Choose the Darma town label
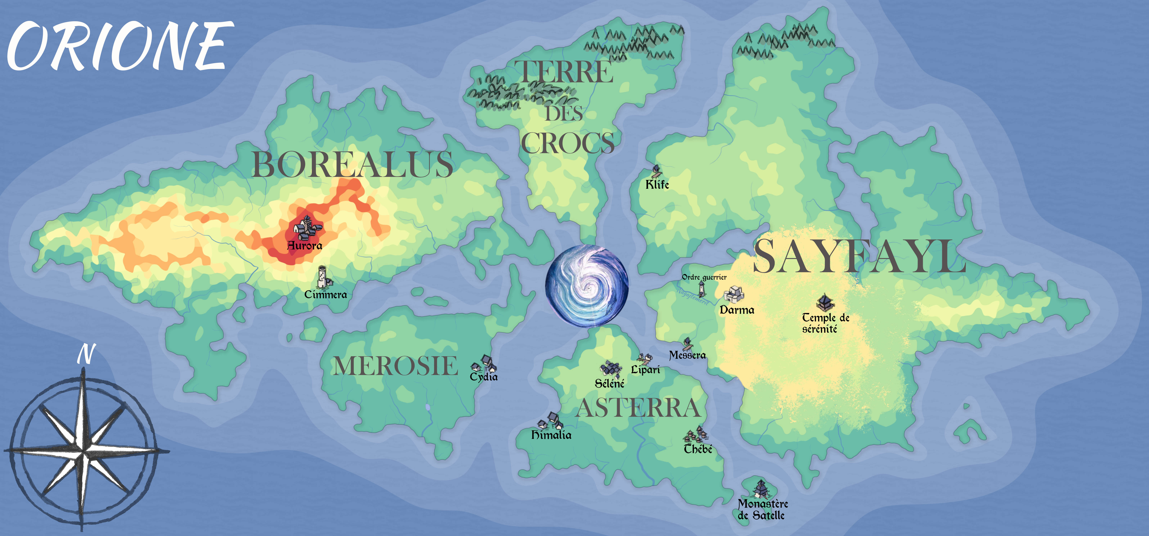pos(737,310)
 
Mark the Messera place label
pos(687,355)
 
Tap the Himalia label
pos(551,435)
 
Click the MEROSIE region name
pos(396,366)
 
